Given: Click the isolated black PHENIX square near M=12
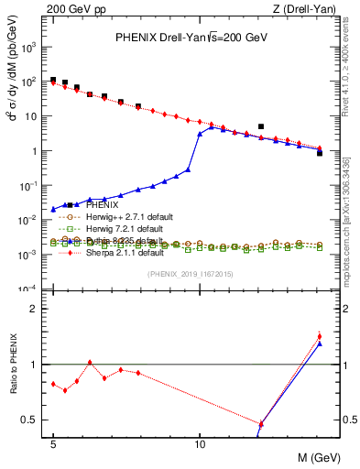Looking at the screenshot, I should tap(261, 126).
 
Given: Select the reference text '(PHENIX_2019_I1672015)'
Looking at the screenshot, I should tap(191, 274).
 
